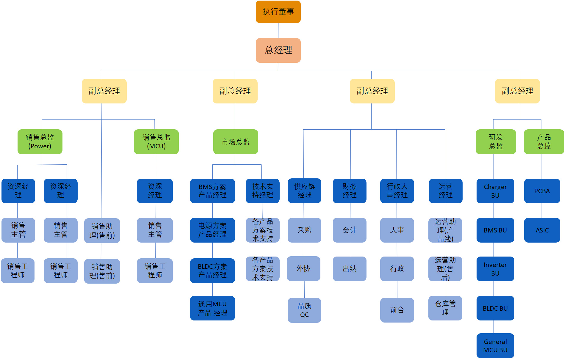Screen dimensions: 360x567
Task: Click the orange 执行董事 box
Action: coord(278,12)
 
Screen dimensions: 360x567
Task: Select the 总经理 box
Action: coord(278,50)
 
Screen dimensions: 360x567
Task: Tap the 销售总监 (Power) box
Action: coord(40,142)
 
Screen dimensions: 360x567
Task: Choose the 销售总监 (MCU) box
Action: coord(156,142)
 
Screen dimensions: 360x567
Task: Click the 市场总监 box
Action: coord(236,142)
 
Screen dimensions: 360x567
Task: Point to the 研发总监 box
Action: coord(496,142)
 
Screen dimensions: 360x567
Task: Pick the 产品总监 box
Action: coord(544,142)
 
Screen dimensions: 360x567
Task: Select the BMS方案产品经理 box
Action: coord(212,191)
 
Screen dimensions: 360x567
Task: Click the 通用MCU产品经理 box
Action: coord(212,308)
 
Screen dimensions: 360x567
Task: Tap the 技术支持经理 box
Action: coord(262,191)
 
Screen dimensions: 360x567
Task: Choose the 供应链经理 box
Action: coord(304,191)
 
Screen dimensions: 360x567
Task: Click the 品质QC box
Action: coord(304,310)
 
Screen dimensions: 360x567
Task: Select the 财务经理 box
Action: coord(350,191)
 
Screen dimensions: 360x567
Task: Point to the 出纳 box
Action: coord(350,269)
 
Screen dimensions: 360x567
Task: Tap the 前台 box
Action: coord(397,310)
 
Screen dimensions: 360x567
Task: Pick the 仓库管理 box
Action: coord(445,308)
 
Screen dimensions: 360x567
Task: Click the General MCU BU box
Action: coord(495,346)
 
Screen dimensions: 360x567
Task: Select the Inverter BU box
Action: coord(495,269)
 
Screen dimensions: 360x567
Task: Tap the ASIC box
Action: coord(542,230)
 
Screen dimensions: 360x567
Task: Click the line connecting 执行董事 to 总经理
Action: coord(278,30)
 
